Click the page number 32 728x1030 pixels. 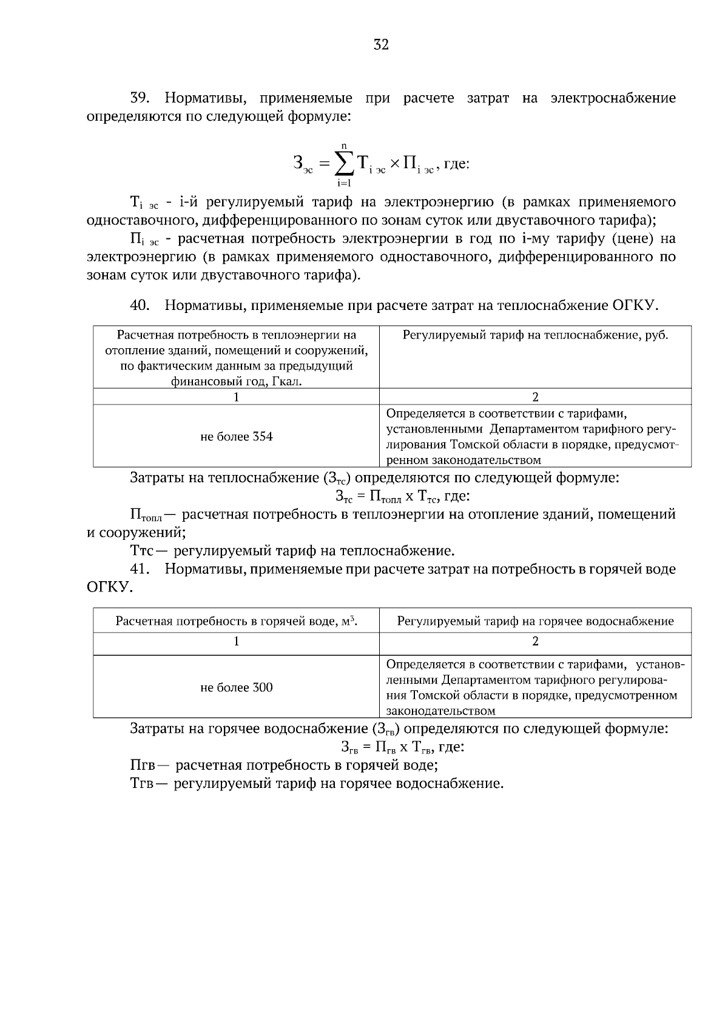coord(381,45)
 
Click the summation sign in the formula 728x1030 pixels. coord(344,162)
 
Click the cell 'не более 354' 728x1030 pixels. coord(237,436)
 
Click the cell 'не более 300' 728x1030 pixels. coord(237,687)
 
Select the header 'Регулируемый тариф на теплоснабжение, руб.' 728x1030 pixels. coord(535,335)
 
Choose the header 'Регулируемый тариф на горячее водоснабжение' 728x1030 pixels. coord(535,621)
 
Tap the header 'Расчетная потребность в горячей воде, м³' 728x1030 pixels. coord(237,621)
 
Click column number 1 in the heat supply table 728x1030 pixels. coord(237,397)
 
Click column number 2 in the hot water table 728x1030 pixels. coord(535,641)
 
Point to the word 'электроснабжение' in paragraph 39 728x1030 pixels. coord(613,98)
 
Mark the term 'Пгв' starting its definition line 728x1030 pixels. coord(143,766)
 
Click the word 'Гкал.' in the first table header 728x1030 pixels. coord(285,382)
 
